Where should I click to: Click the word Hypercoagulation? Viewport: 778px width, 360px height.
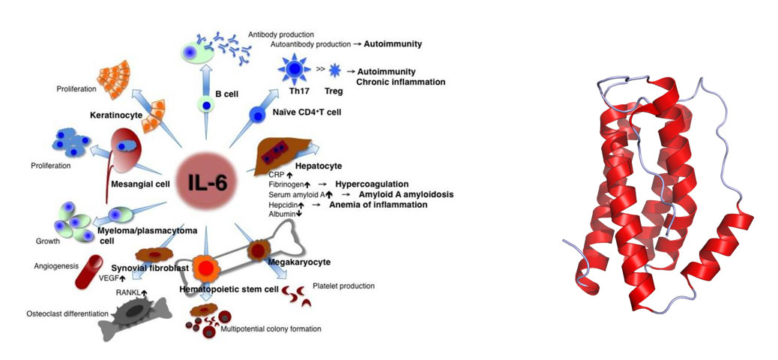coord(371,184)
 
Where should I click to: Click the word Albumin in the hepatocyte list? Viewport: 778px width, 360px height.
coord(283,214)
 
